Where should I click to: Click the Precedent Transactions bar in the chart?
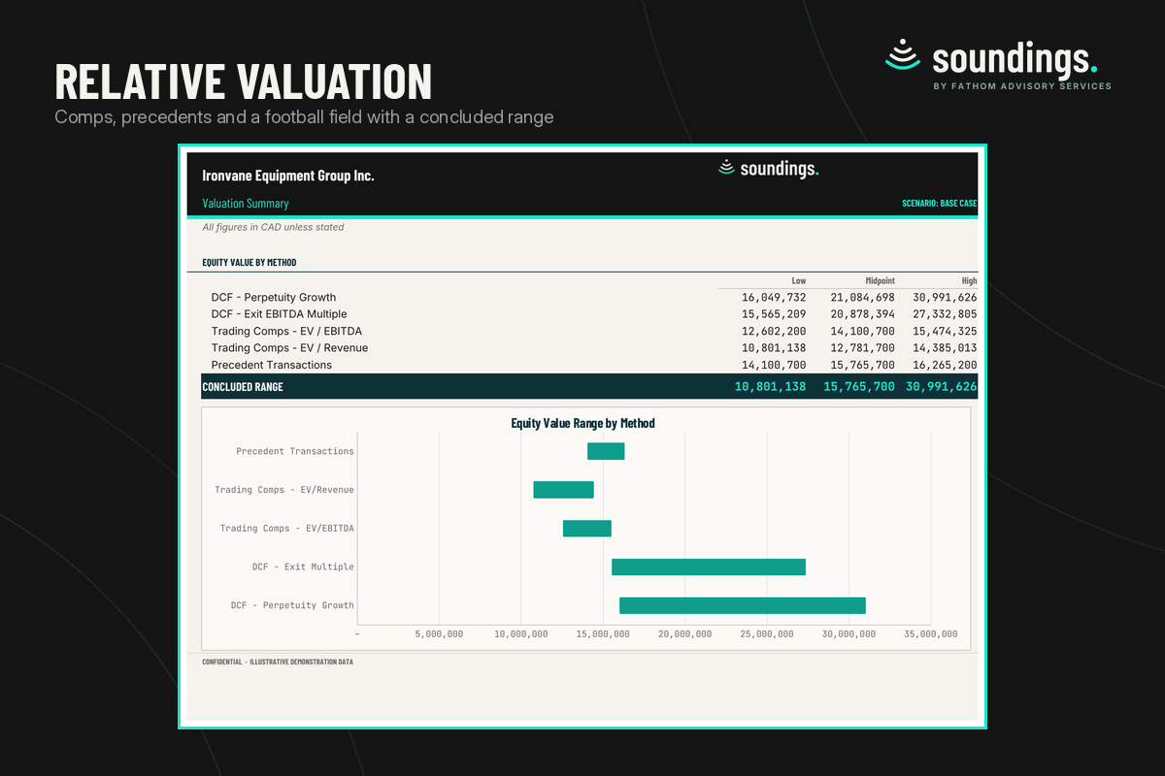pos(606,451)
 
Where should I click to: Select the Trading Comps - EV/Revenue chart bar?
pos(563,490)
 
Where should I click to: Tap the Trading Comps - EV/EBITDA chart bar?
pos(586,528)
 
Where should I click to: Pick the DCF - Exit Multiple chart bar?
pos(709,567)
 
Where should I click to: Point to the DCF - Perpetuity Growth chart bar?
pos(742,605)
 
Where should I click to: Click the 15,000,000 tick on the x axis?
pos(603,634)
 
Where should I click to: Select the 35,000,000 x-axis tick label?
pos(930,634)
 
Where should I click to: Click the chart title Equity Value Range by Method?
pos(582,423)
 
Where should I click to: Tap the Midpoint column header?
pos(880,280)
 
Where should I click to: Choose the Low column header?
pos(799,280)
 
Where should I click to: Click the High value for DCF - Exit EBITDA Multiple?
pos(945,314)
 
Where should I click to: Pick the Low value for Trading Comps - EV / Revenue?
pos(774,347)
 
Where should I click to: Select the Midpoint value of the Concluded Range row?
pos(858,387)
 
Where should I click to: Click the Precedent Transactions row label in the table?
pos(271,365)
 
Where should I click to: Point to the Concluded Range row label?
pos(243,387)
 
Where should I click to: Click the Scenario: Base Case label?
pos(940,204)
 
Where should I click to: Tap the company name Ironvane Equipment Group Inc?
pos(288,176)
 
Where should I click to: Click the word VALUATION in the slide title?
pos(334,81)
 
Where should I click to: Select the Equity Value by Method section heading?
pos(250,263)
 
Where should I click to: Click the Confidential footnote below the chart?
pos(278,662)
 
